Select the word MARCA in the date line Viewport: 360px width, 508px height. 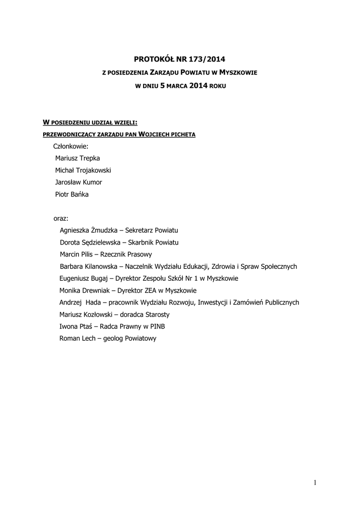[x=176, y=86]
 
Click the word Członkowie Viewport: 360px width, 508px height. [x=71, y=146]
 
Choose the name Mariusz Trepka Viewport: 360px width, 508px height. [x=77, y=158]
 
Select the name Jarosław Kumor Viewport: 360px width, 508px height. [x=78, y=182]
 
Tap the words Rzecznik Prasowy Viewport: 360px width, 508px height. [x=126, y=254]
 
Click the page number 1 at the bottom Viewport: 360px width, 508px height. [x=315, y=482]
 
